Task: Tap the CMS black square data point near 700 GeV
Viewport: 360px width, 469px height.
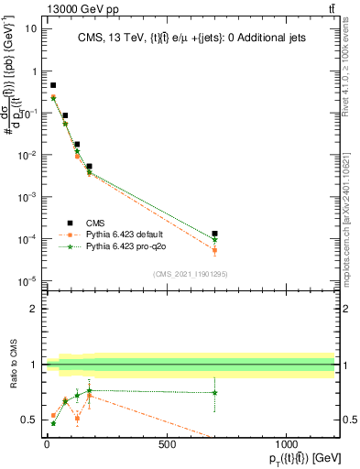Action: point(214,234)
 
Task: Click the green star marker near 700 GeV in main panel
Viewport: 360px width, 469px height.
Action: point(214,240)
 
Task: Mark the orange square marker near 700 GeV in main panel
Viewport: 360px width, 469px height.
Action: point(214,249)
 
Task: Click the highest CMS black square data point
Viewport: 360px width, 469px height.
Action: point(53,85)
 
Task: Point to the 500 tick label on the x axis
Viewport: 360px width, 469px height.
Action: point(167,445)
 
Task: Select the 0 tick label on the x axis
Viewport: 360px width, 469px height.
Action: point(47,445)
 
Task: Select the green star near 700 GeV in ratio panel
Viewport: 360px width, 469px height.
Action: point(214,393)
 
